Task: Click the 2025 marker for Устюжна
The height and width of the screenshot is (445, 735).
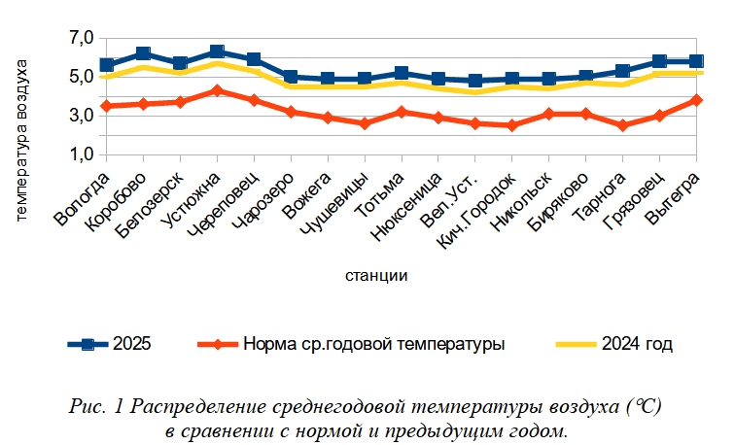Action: (x=217, y=51)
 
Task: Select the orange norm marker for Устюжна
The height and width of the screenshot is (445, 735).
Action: (x=217, y=90)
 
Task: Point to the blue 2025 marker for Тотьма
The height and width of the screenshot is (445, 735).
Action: (x=402, y=73)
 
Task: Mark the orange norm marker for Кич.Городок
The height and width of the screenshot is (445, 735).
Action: (x=512, y=125)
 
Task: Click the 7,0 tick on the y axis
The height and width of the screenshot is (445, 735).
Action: (x=82, y=38)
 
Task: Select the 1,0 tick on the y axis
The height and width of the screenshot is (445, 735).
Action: (x=82, y=154)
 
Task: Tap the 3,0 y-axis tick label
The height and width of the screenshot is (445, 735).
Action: (x=82, y=116)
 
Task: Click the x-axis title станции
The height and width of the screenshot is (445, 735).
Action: (x=376, y=275)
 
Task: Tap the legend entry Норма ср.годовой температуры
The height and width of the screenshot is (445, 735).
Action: (x=373, y=343)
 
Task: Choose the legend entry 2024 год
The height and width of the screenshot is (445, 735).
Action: (x=638, y=343)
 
